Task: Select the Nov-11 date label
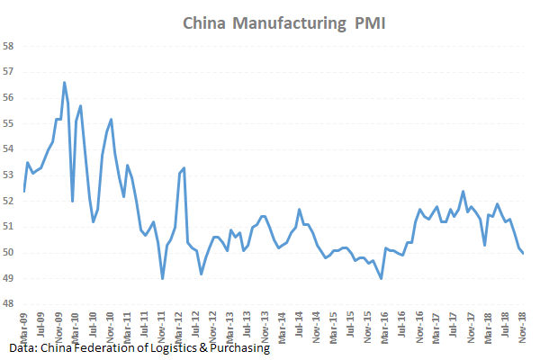click(162, 325)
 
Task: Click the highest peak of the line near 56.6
click(64, 83)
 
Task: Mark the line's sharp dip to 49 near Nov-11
click(162, 278)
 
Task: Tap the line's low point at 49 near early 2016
click(382, 278)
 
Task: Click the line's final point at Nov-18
click(524, 253)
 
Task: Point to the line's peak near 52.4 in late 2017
click(463, 192)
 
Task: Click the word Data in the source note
click(23, 346)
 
